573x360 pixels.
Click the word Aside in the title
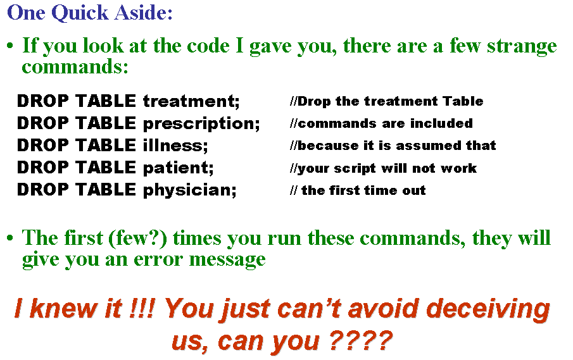coord(143,13)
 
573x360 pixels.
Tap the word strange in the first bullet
coord(522,47)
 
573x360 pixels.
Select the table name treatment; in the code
coord(191,101)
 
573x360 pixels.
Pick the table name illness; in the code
coord(175,146)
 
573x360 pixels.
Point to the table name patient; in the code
coord(179,168)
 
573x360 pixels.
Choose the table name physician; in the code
coord(190,190)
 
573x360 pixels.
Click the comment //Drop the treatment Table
coord(387,101)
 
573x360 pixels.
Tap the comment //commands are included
coord(381,123)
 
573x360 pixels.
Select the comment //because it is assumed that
coord(393,146)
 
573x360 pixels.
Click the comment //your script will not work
coord(383,168)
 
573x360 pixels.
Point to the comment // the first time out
coord(358,190)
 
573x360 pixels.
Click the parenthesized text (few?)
coord(138,239)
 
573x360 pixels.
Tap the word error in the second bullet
coord(158,259)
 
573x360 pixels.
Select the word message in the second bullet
coord(227,261)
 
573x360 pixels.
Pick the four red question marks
coord(360,340)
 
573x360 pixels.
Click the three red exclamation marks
coord(142,308)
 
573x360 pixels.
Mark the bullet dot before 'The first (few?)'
coord(10,238)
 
